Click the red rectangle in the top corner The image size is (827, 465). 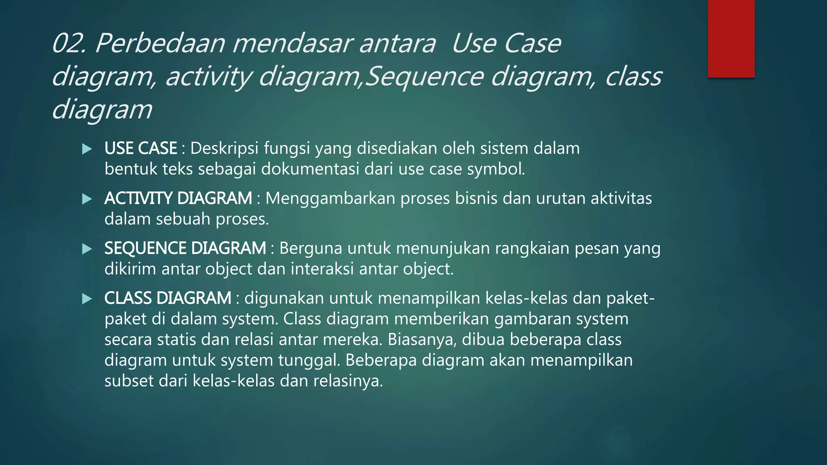pyautogui.click(x=731, y=39)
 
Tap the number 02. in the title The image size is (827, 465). pyautogui.click(x=69, y=44)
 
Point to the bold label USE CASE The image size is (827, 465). pyautogui.click(x=141, y=149)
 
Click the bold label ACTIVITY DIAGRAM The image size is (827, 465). pyautogui.click(x=178, y=199)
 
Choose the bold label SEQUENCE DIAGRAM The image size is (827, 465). pyautogui.click(x=185, y=248)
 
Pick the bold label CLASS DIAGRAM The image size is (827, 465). pyautogui.click(x=168, y=298)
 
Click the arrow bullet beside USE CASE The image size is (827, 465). pyautogui.click(x=87, y=149)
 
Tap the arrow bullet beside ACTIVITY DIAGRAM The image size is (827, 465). pyautogui.click(x=87, y=199)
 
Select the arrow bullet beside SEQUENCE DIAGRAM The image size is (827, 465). pyautogui.click(x=87, y=249)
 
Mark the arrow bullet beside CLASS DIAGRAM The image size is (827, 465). pyautogui.click(x=87, y=299)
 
